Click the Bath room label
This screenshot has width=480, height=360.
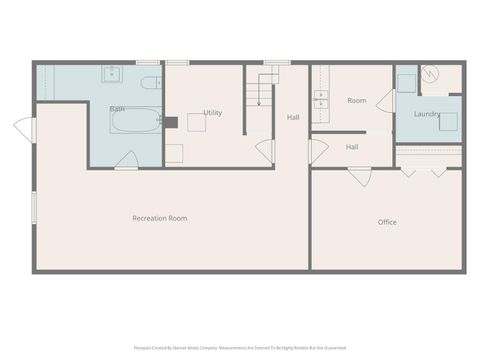pyautogui.click(x=117, y=108)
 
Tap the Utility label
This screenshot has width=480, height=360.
pyautogui.click(x=212, y=113)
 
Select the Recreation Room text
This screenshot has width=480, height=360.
pyautogui.click(x=160, y=218)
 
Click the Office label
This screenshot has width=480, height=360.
pyautogui.click(x=387, y=222)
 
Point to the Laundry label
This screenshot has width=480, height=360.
pyautogui.click(x=427, y=114)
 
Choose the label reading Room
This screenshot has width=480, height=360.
pyautogui.click(x=357, y=101)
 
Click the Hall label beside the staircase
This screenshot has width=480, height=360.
pyautogui.click(x=293, y=118)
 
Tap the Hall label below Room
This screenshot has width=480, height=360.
pyautogui.click(x=352, y=147)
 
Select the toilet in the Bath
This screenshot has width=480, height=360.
pyautogui.click(x=150, y=83)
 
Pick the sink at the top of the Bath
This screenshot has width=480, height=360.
pyautogui.click(x=111, y=74)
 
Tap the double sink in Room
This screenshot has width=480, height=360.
pyautogui.click(x=321, y=98)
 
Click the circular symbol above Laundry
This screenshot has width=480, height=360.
pyautogui.click(x=430, y=73)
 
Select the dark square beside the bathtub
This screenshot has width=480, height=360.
pyautogui.click(x=170, y=122)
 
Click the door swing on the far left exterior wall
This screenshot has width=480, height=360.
pyautogui.click(x=24, y=130)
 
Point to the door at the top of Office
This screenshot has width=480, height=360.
pyautogui.click(x=360, y=175)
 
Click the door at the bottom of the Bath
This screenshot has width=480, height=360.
pyautogui.click(x=127, y=160)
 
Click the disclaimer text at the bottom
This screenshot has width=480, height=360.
pyautogui.click(x=240, y=348)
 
